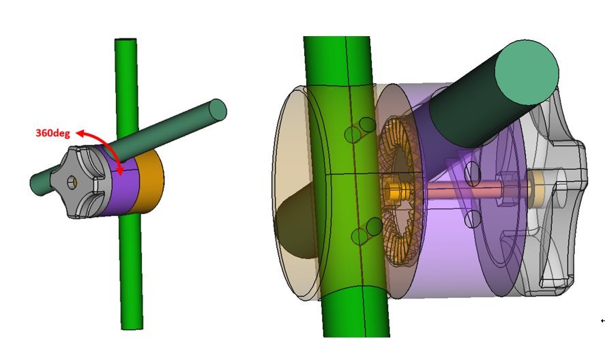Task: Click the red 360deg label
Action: pos(53,134)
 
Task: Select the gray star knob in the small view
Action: pos(78,182)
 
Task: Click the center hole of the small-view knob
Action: pos(72,182)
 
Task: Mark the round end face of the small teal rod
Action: pos(217,110)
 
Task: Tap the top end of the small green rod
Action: pos(126,40)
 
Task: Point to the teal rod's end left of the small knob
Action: pos(35,185)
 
